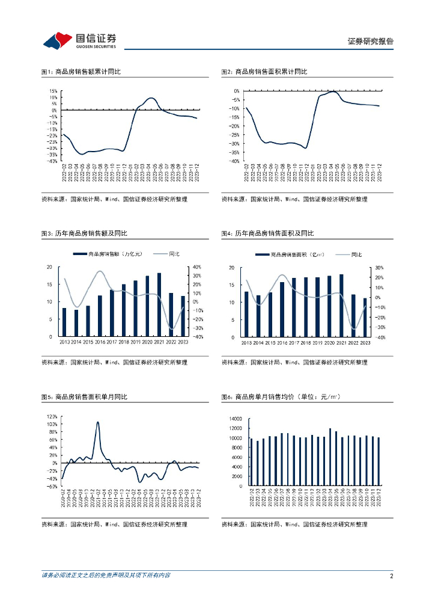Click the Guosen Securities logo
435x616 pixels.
(x=79, y=41)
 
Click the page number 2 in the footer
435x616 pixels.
(x=391, y=576)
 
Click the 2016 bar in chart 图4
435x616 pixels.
(x=282, y=309)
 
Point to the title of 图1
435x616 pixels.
(x=81, y=72)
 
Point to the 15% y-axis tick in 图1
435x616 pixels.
(x=53, y=91)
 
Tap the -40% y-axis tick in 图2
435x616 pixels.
(x=235, y=161)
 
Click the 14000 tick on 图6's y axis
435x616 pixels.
(x=236, y=418)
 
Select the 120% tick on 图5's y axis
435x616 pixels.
(x=52, y=416)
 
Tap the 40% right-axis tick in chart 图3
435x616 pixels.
(x=196, y=267)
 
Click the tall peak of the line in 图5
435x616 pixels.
(x=98, y=422)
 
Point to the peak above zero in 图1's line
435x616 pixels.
(x=151, y=98)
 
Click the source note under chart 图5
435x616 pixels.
(x=114, y=525)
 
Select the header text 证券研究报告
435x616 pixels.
(x=371, y=42)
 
